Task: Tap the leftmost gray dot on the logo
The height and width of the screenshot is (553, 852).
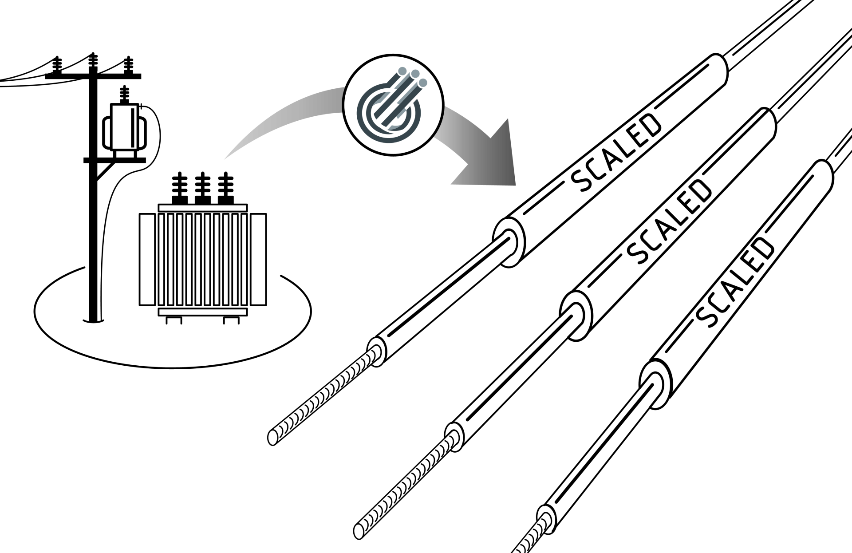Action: coord(402,71)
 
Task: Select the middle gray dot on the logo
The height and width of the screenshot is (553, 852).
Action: coord(415,74)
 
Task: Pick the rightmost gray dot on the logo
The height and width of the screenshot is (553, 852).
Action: coord(423,82)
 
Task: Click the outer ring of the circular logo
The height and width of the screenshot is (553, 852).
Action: coord(361,111)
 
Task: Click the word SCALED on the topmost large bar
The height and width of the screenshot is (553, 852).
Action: coord(617,153)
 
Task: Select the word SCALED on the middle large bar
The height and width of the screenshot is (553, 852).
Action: coord(671,222)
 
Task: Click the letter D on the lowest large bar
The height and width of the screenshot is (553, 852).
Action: coord(765,249)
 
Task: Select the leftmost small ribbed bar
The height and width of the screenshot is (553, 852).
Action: coord(327,393)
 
